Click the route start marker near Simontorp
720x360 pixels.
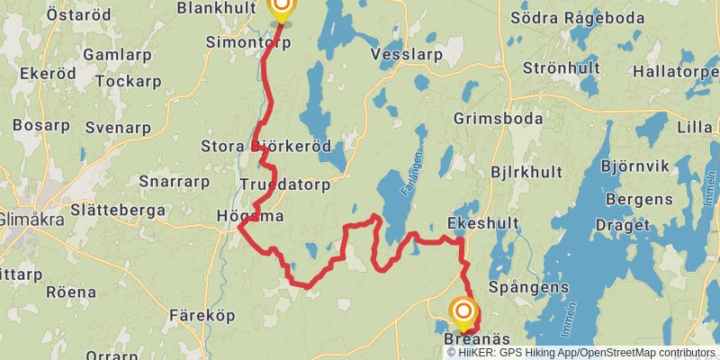[282, 9]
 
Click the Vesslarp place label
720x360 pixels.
[407, 54]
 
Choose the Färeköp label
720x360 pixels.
[202, 316]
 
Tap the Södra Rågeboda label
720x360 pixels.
[589, 17]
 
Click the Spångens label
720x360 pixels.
[528, 287]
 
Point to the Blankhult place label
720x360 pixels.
[219, 8]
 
